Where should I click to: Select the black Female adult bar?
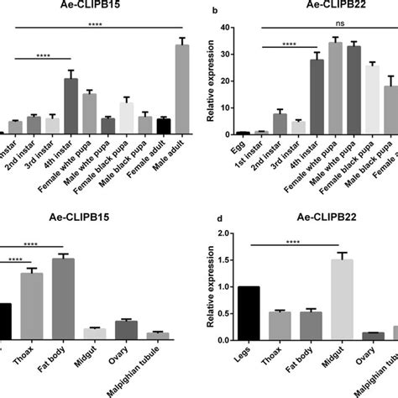164,126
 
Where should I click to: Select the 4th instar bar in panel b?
317,97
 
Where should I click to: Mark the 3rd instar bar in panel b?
298,127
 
